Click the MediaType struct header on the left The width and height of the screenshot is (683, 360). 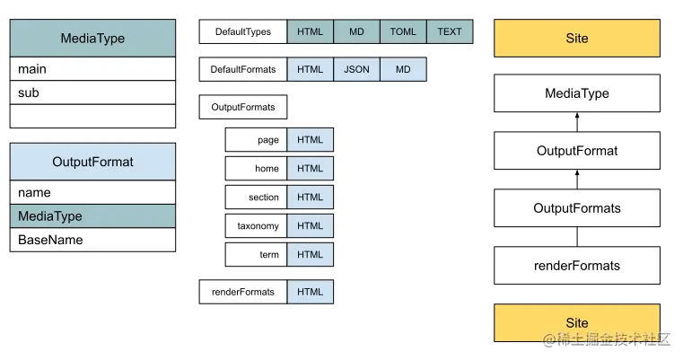[92, 39]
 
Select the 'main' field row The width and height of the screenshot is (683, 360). [92, 69]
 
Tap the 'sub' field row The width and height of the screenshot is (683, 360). [92, 92]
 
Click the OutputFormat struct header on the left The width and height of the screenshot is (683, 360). [92, 162]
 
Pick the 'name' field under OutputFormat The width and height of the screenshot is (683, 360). [92, 192]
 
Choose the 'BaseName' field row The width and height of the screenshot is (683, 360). [92, 240]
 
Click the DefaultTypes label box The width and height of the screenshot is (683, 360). [242, 31]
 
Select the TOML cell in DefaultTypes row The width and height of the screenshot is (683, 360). [403, 31]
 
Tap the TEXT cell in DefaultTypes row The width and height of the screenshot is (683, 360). [450, 31]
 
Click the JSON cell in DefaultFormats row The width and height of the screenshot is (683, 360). [356, 69]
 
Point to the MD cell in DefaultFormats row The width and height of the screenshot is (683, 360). [403, 69]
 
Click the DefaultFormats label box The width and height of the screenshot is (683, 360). [242, 69]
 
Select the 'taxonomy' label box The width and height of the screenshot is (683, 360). [256, 226]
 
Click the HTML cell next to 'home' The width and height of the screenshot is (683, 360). [311, 169]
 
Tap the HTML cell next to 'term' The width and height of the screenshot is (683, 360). [311, 255]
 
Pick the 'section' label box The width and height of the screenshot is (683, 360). [256, 198]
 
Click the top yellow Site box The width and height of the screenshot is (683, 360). [577, 39]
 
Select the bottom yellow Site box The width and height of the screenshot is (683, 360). [577, 322]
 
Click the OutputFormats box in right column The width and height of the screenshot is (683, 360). [577, 208]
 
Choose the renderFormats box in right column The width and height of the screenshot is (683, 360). [577, 266]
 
